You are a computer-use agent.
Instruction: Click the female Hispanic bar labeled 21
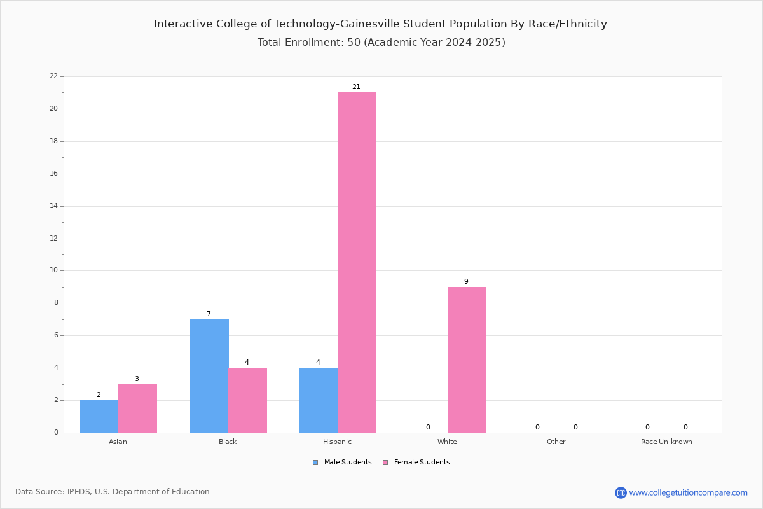pyautogui.click(x=357, y=263)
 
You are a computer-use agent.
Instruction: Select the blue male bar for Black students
pyautogui.click(x=209, y=376)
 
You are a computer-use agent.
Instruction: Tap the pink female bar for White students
pyautogui.click(x=467, y=360)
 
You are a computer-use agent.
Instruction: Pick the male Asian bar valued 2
pyautogui.click(x=99, y=417)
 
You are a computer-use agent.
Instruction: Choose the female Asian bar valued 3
pyautogui.click(x=137, y=408)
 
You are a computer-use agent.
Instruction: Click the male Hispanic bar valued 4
pyautogui.click(x=319, y=400)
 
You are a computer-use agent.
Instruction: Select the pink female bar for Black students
pyautogui.click(x=247, y=400)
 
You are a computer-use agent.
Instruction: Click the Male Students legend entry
pyautogui.click(x=342, y=463)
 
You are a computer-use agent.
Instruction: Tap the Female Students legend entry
pyautogui.click(x=416, y=463)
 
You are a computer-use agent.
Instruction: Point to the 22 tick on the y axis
pyautogui.click(x=54, y=76)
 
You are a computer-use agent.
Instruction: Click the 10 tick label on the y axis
pyautogui.click(x=54, y=270)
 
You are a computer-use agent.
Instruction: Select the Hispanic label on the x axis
pyautogui.click(x=337, y=442)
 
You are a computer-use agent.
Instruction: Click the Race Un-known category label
pyautogui.click(x=666, y=442)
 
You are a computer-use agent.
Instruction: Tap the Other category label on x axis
pyautogui.click(x=556, y=442)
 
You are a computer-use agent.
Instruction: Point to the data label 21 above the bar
pyautogui.click(x=356, y=87)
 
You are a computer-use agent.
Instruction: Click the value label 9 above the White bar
pyautogui.click(x=466, y=282)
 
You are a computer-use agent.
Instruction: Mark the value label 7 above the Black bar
pyautogui.click(x=209, y=314)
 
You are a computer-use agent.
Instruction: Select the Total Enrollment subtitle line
pyautogui.click(x=381, y=42)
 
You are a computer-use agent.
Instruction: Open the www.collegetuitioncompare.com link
pyautogui.click(x=688, y=493)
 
